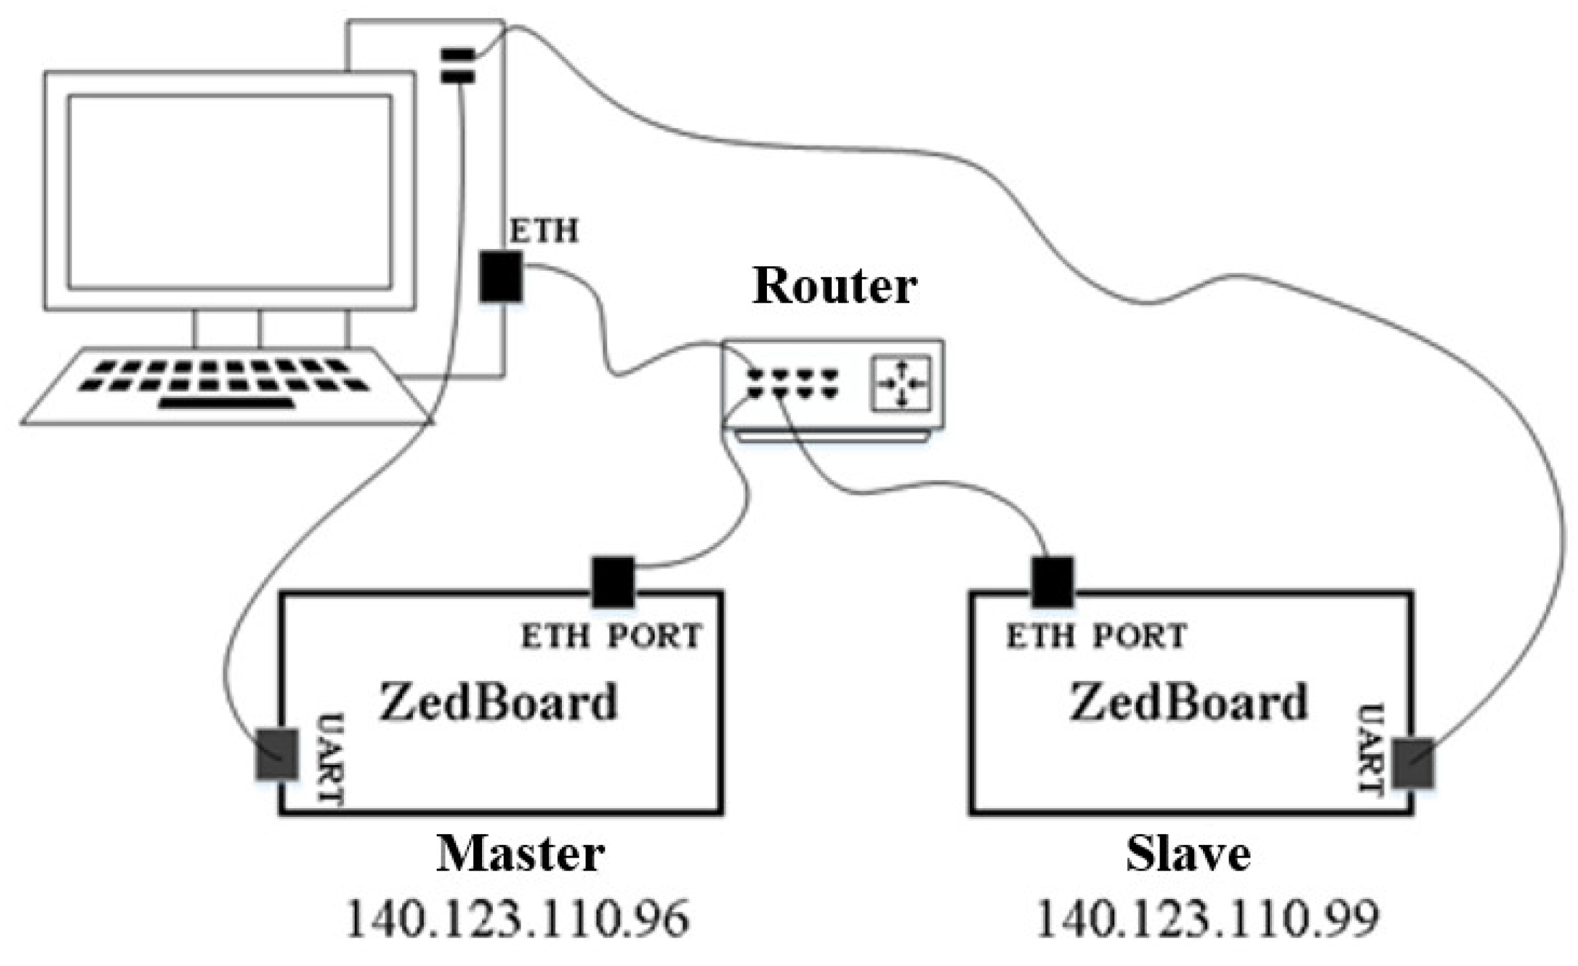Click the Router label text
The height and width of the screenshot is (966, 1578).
(834, 286)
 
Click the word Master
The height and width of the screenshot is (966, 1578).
(520, 854)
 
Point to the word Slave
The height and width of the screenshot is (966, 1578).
(1188, 854)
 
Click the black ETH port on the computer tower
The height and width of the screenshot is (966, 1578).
(501, 276)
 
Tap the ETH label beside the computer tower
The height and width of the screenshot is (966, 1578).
(544, 232)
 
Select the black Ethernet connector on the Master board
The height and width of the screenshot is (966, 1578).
(613, 581)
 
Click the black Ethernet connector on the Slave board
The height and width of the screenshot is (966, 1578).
(1053, 581)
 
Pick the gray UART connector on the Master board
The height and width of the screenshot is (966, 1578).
(278, 754)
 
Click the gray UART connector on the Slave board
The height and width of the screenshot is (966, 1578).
(1413, 764)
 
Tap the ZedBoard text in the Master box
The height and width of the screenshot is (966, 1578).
(498, 702)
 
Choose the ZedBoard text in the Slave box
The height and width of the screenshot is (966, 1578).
(1188, 702)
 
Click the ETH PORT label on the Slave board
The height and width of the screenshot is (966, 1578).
(1096, 637)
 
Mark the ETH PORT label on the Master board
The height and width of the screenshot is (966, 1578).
(611, 637)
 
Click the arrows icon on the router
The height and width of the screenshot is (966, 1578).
(901, 384)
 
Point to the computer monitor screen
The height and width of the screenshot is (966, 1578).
(229, 192)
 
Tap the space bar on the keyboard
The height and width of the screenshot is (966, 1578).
(226, 404)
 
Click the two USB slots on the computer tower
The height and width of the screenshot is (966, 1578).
(458, 66)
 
